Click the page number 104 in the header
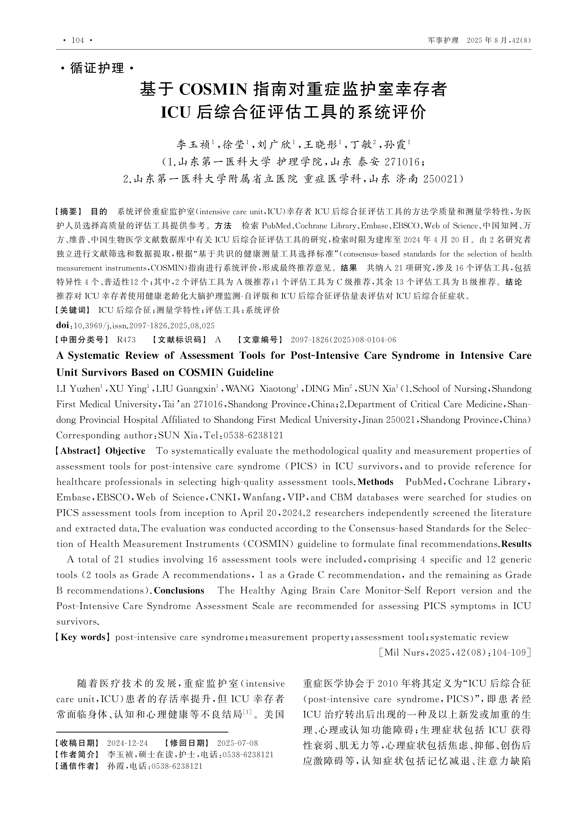(78, 40)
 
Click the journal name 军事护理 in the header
(443, 40)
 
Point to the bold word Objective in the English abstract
(125, 451)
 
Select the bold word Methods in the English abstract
(375, 482)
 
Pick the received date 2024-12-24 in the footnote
(128, 743)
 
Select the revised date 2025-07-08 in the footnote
(237, 743)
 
